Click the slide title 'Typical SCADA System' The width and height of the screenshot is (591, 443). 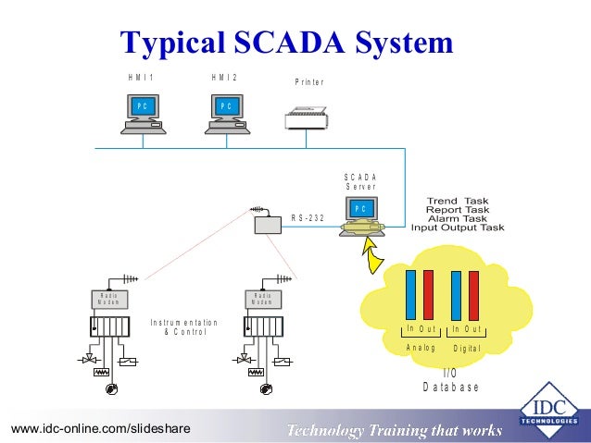(287, 42)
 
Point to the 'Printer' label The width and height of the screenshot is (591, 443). (309, 82)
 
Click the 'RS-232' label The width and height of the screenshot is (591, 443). (308, 218)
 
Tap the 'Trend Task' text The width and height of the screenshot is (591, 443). (457, 201)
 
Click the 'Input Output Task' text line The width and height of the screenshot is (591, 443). (458, 228)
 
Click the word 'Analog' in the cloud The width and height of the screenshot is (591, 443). (421, 347)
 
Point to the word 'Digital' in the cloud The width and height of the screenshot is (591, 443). (467, 348)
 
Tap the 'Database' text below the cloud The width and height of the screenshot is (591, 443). (451, 387)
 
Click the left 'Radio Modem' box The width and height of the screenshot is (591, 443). (108, 299)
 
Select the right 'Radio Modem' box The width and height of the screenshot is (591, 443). (262, 299)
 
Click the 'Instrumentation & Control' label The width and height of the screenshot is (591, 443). (183, 326)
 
